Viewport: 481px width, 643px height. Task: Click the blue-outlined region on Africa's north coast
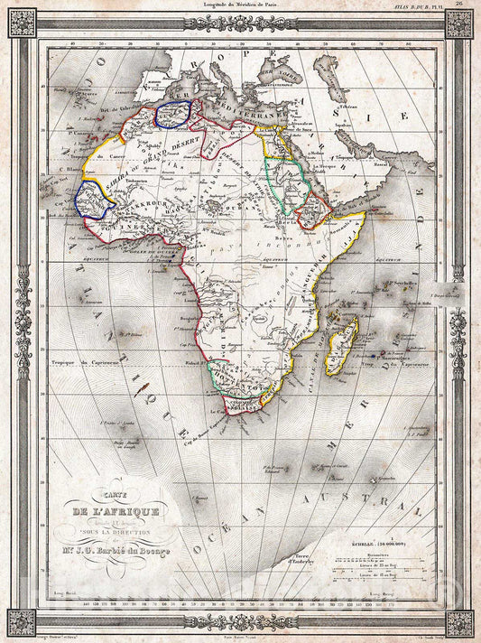point(175,114)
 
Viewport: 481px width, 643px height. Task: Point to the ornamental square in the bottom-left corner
point(22,621)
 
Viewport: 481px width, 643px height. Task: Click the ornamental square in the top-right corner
point(458,23)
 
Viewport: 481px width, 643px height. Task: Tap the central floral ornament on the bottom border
point(240,621)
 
